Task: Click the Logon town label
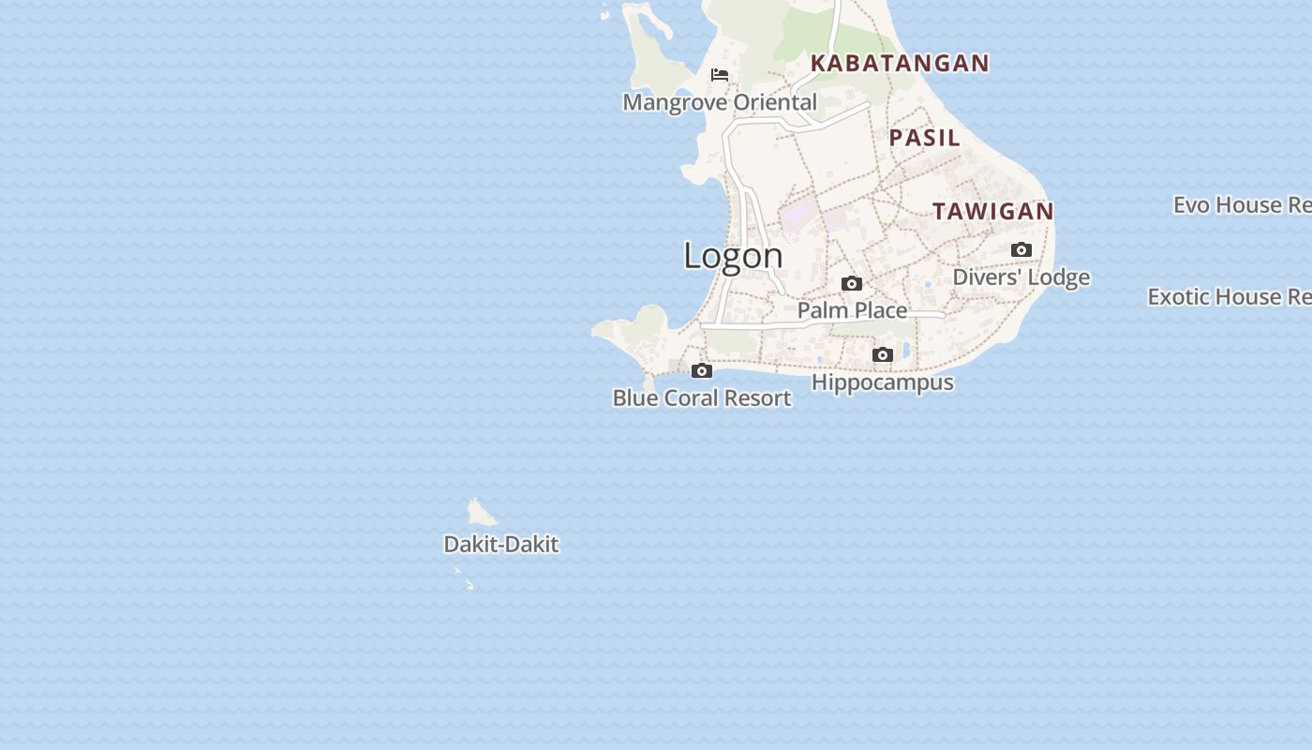(733, 256)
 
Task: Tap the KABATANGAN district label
(900, 63)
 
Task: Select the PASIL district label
(925, 138)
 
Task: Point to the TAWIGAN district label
(993, 212)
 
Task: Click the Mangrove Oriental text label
(720, 102)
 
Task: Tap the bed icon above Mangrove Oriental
(720, 75)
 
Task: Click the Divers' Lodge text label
(1021, 277)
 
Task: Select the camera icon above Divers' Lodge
(1021, 249)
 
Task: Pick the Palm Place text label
(852, 310)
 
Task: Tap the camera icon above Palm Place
(852, 283)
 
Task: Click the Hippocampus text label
(883, 382)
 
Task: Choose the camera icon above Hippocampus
(883, 354)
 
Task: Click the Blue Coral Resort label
(702, 398)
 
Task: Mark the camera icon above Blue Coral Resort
(702, 370)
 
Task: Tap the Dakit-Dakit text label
(501, 545)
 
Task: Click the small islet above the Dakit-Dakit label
(481, 513)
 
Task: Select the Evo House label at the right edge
(1242, 205)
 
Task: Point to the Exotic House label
(1230, 297)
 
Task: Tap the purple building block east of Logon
(796, 216)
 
